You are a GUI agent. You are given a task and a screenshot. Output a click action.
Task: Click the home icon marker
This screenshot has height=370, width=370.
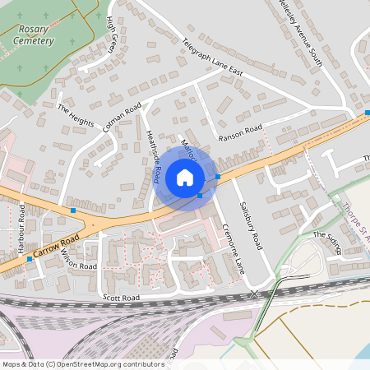pos(184,177)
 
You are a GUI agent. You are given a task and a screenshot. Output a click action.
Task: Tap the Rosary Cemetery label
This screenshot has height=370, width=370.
pos(35,35)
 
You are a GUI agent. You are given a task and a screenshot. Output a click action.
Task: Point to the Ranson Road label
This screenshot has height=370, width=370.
pos(240,130)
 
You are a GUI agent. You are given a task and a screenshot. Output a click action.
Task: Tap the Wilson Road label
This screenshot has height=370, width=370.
pos(78,261)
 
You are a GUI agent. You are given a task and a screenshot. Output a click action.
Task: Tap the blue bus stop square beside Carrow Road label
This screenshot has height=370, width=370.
pos(30,259)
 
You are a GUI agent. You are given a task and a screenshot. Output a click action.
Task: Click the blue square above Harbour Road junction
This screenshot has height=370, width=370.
pos(73,211)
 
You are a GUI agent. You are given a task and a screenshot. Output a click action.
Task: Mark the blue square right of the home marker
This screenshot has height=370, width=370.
pos(218,176)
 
